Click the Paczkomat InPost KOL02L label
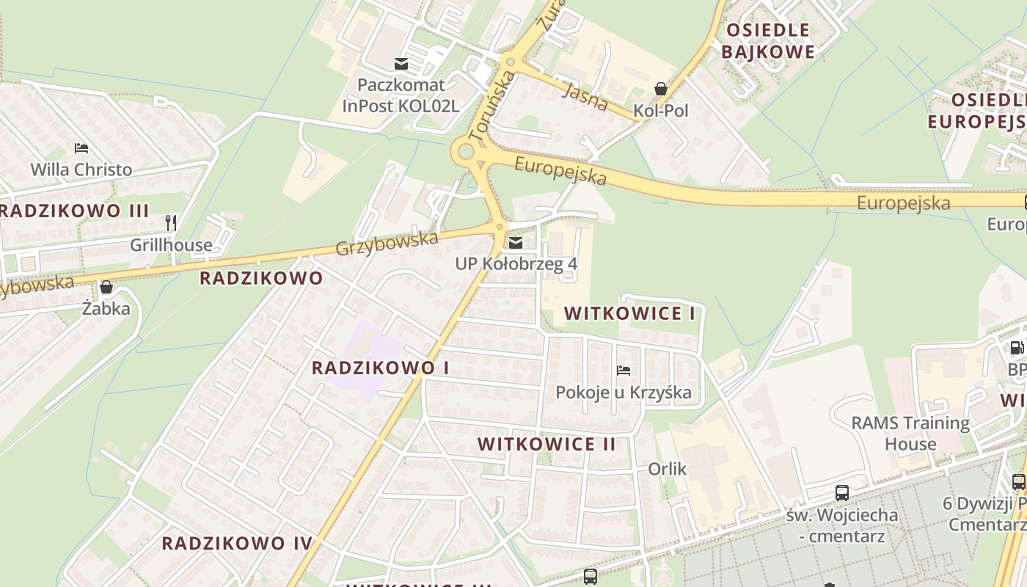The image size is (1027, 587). point(401,95)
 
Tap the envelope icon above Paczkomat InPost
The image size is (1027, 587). point(401,64)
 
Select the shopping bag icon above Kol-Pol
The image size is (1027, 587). point(661,90)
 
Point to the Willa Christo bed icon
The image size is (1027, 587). point(81,149)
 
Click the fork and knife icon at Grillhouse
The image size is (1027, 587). point(171,223)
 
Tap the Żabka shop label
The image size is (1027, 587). point(106,308)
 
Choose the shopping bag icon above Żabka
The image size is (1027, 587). point(106,287)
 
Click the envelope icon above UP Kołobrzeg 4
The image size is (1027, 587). point(516,243)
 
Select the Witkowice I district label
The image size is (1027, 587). point(629,314)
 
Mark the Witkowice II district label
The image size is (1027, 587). point(547,444)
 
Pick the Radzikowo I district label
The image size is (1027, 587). point(380,368)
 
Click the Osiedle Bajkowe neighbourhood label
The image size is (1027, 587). point(767,41)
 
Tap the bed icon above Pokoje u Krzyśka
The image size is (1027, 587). point(624,371)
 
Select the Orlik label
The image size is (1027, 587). point(667,468)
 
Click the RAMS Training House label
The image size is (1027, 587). point(910,433)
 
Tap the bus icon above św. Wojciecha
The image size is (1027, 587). point(842,493)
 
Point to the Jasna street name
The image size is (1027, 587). point(588,96)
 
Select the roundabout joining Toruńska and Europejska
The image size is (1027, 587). point(466,153)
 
